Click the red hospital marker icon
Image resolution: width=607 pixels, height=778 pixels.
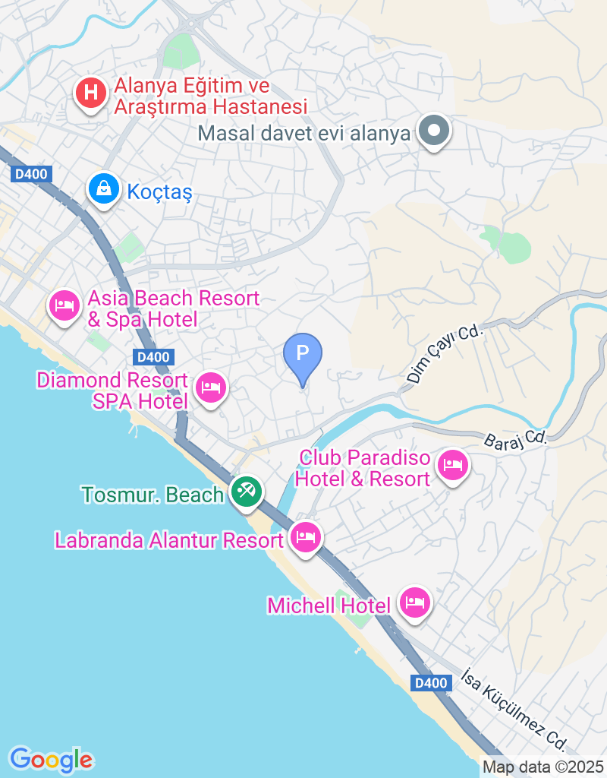coord(90,94)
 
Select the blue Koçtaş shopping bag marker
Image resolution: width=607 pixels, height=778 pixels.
coord(102,188)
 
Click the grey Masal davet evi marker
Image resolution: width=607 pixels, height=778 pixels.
coord(433,131)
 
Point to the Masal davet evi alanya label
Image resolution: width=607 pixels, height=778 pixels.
coord(303,134)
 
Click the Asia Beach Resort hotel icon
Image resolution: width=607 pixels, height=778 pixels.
coord(64,306)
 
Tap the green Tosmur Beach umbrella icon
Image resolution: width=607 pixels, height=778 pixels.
coord(247,492)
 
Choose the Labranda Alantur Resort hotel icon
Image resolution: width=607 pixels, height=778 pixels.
coord(305,538)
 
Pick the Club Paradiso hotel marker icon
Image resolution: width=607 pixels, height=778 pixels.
coord(453,465)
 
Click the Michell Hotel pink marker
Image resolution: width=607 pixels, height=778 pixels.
coord(415,603)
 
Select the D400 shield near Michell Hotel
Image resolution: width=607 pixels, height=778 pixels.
coord(431,683)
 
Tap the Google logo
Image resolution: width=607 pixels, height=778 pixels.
coord(51,759)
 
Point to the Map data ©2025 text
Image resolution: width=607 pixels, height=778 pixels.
coord(543,767)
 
